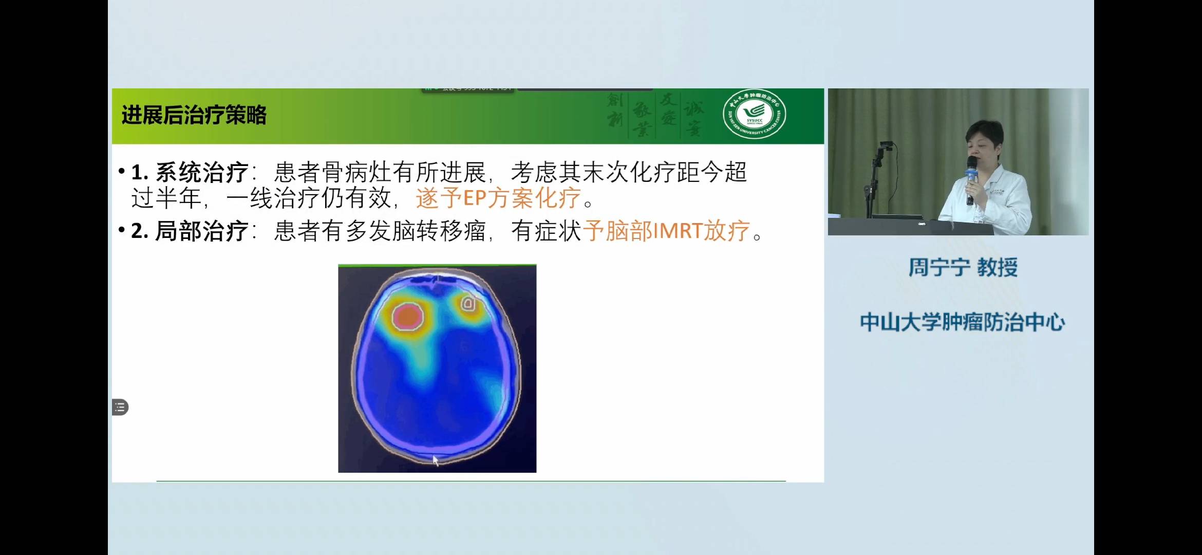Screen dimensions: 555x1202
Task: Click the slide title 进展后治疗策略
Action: tap(194, 115)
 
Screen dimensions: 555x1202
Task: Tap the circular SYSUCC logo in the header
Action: tap(754, 114)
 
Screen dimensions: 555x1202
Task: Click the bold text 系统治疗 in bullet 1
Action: tap(202, 173)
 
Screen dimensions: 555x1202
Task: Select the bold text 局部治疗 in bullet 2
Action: tap(202, 231)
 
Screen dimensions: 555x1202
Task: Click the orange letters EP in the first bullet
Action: tap(475, 198)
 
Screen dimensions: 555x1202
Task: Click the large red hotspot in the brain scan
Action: tap(408, 316)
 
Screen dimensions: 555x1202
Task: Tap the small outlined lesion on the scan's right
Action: tap(468, 304)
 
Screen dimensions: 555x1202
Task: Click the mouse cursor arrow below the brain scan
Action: tap(436, 460)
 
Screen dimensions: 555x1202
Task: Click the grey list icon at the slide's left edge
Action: tap(120, 408)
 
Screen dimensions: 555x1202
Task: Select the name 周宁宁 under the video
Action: tap(939, 268)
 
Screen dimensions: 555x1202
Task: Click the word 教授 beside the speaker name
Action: tap(997, 268)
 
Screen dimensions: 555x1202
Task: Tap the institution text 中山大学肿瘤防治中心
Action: tap(962, 323)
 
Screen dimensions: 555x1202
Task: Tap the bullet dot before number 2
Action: tap(122, 230)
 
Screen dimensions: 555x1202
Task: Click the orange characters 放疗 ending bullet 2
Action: tap(727, 231)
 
